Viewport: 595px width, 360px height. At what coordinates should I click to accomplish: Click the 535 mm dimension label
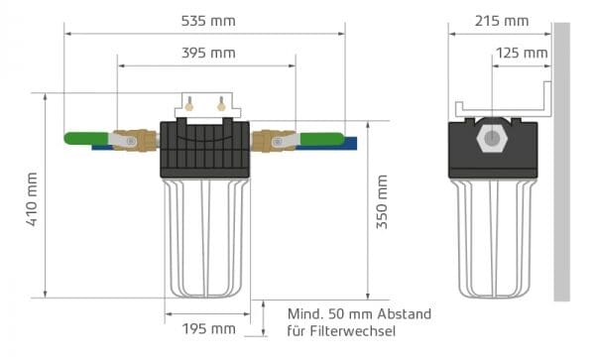click(208, 21)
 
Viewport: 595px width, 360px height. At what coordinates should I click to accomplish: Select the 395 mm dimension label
click(208, 53)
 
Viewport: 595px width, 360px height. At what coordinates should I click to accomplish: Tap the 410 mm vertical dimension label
click(32, 199)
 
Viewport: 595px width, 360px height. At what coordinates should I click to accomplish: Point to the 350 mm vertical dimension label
click(382, 201)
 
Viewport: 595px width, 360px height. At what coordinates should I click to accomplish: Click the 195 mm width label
click(208, 329)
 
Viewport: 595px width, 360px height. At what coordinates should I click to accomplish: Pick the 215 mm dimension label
click(502, 21)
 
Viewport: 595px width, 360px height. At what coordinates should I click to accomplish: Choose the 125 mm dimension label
click(522, 53)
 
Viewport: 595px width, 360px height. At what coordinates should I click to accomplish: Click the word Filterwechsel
click(352, 331)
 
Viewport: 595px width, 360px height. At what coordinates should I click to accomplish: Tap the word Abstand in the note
click(405, 314)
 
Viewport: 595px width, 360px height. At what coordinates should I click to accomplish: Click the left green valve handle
click(86, 138)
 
